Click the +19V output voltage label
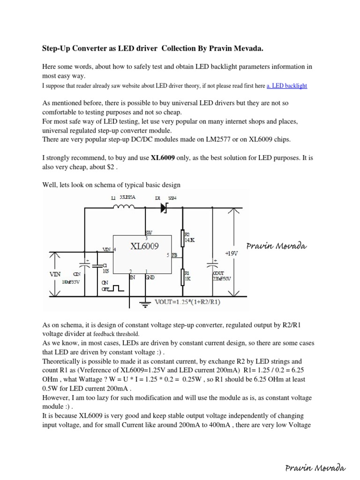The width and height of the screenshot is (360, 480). (x=232, y=253)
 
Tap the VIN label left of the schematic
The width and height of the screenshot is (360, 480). (x=56, y=274)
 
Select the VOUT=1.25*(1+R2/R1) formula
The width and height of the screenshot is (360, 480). (x=188, y=302)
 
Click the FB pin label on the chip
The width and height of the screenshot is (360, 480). (x=174, y=255)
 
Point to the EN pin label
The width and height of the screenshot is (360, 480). (x=132, y=277)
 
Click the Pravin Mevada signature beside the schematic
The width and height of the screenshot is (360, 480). (x=277, y=246)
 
